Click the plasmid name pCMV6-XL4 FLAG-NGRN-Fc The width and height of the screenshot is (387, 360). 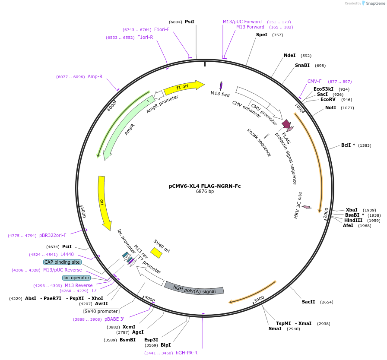(205, 186)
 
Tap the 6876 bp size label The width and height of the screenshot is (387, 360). (205, 192)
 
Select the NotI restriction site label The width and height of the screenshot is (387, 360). (330, 107)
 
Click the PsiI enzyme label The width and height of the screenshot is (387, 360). (190, 22)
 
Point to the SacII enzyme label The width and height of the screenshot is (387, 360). (308, 302)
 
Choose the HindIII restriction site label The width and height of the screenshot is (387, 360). (353, 220)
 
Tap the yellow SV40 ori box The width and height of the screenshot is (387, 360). (156, 253)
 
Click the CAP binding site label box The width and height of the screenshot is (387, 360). (62, 262)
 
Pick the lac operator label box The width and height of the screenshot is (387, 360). (76, 278)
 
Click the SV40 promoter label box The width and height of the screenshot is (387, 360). (102, 311)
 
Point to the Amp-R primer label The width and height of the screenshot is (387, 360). (95, 77)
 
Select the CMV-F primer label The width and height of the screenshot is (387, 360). (314, 81)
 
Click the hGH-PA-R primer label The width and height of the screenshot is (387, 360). (187, 353)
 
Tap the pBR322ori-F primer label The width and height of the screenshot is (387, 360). (53, 236)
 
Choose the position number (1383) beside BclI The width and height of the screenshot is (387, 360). (365, 145)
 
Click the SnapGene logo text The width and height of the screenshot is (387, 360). (374, 3)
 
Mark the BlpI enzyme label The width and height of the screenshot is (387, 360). (166, 345)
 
